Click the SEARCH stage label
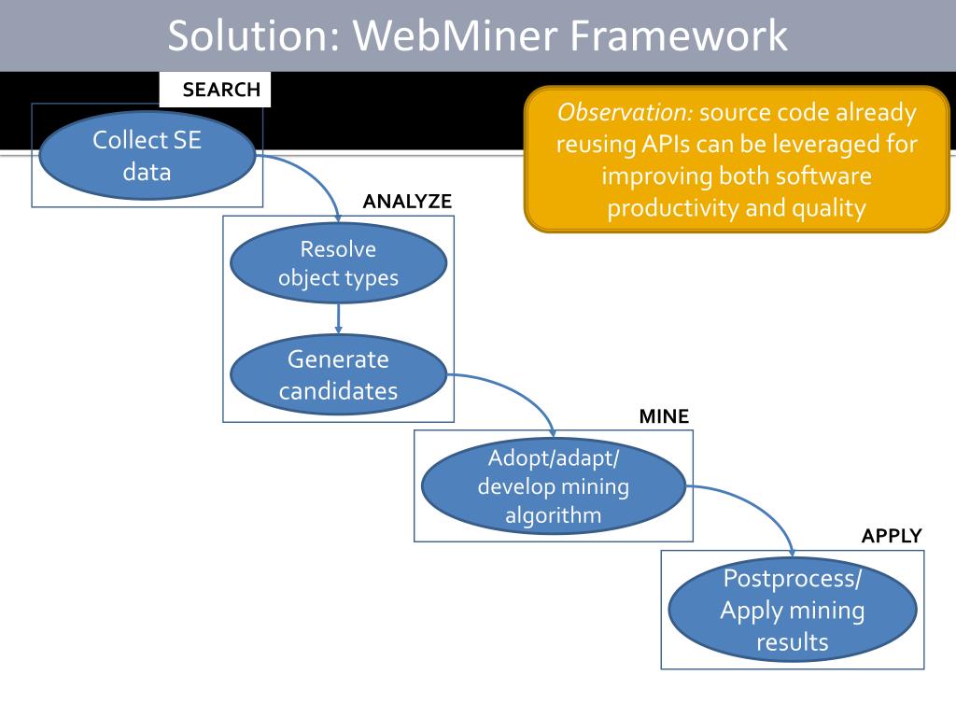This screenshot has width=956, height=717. [x=221, y=91]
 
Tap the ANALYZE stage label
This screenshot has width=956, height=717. [x=407, y=202]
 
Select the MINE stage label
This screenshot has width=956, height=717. [x=664, y=416]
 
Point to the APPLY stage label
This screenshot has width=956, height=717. [x=892, y=536]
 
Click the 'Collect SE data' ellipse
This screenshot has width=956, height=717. [x=147, y=156]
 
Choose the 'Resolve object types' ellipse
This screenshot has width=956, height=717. [x=338, y=263]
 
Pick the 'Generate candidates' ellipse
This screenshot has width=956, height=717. [x=338, y=374]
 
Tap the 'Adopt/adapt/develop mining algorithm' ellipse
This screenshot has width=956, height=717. [x=554, y=486]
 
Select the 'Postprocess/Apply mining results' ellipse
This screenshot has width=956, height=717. [x=792, y=610]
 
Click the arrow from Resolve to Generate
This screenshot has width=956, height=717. [x=338, y=318]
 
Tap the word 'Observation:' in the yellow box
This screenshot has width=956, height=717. [x=624, y=113]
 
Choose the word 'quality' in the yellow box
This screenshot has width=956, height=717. [x=829, y=207]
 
